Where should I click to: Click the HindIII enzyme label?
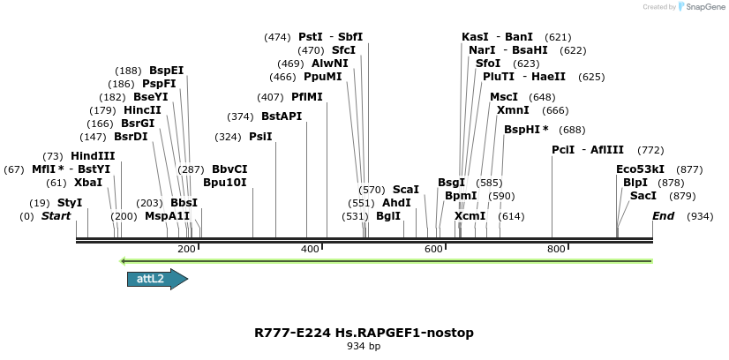pos(94,156)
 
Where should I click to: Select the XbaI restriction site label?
pos(87,183)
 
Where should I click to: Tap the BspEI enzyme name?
pos(166,71)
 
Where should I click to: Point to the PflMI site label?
pos(307,97)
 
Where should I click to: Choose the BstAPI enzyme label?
pos(282,116)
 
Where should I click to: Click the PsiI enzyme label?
pos(260,137)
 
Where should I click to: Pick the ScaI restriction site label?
pos(406,190)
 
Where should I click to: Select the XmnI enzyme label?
pos(513,110)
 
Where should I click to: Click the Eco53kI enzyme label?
pos(641,169)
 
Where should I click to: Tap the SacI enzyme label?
pos(643,196)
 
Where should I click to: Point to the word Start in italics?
pos(56,216)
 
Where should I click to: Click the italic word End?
pos(663,216)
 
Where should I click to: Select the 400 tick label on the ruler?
pos(310,250)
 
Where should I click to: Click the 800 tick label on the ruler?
pos(556,250)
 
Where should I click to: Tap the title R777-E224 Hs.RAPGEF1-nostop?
pos(364,333)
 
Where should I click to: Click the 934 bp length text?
pos(364,346)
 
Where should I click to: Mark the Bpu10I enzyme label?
pos(225,183)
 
